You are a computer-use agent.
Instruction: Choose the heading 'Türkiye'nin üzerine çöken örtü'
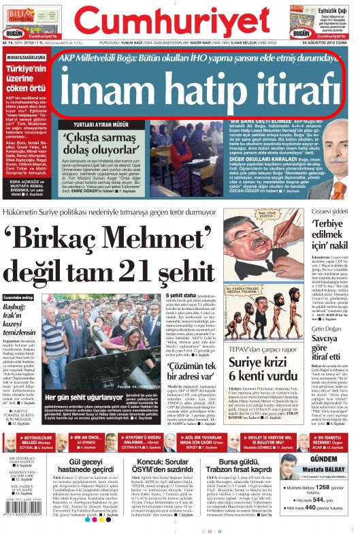tap(27, 80)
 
